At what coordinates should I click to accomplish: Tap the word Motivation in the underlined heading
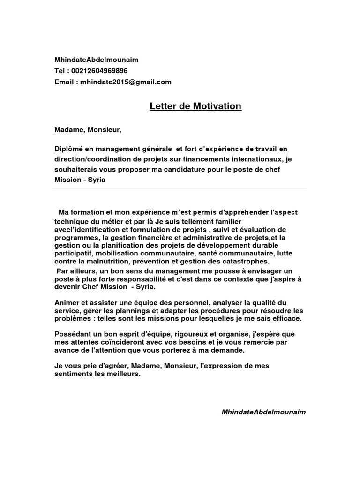(216, 106)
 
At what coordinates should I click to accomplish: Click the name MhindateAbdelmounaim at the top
(97, 60)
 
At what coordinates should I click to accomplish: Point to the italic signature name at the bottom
(263, 412)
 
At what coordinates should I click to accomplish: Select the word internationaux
(249, 159)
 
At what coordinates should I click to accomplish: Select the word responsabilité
(132, 278)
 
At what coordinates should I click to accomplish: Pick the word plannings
(133, 311)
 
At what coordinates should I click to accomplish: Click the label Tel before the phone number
(60, 71)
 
